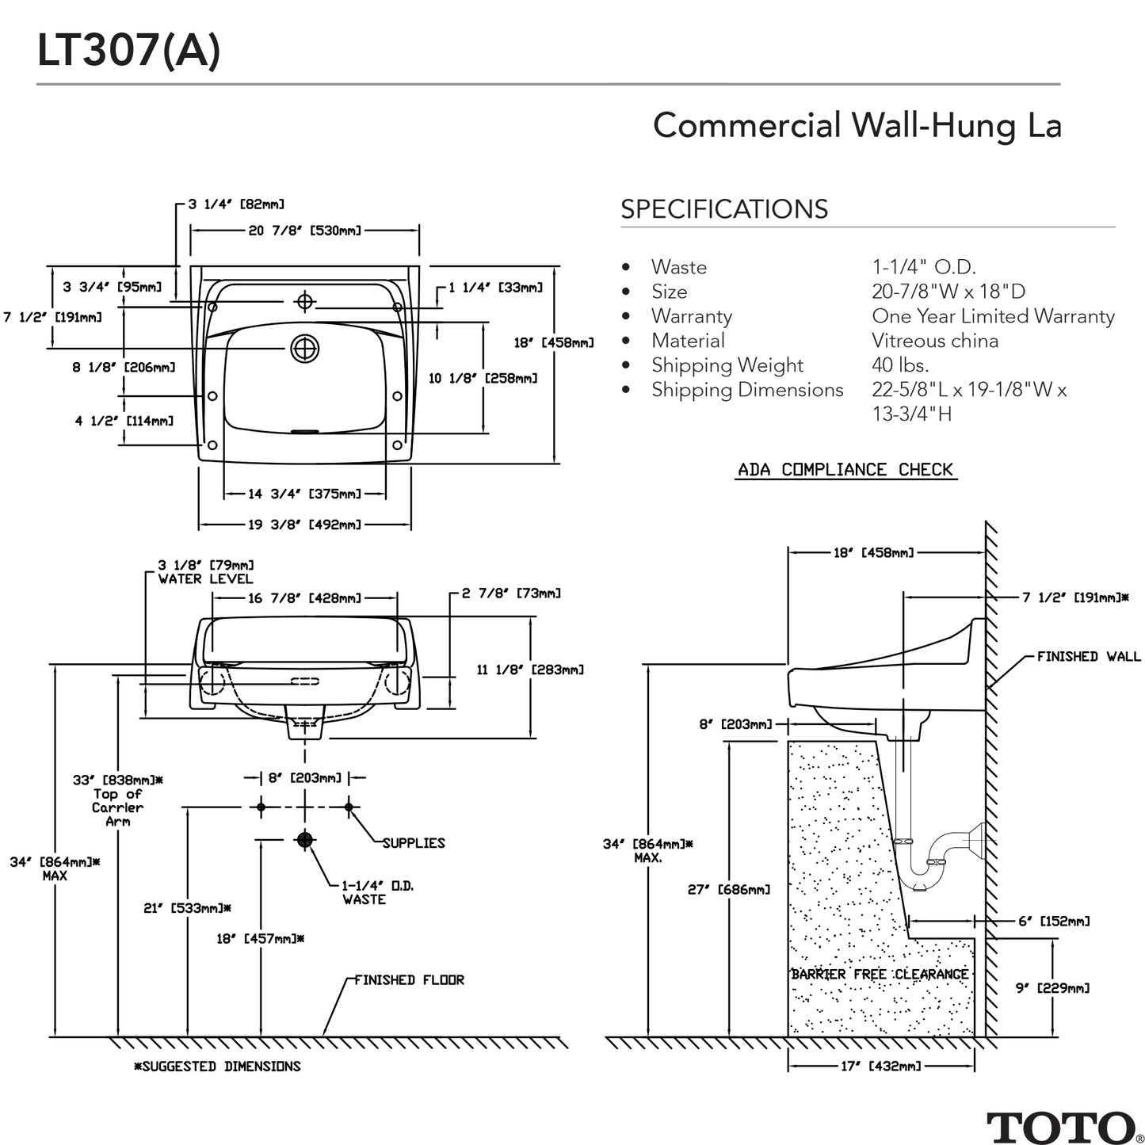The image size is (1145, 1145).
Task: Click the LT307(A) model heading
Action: [x=128, y=52]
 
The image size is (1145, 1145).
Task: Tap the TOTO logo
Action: [x=1059, y=1127]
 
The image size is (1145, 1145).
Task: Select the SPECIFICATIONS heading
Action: [x=723, y=209]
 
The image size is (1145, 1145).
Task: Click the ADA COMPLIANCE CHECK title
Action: [x=845, y=470]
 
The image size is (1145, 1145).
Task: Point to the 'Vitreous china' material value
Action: [x=934, y=341]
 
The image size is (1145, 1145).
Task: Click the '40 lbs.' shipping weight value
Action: [x=899, y=365]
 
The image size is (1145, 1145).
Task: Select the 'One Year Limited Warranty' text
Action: [x=992, y=316]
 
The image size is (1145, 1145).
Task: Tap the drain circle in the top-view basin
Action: [x=304, y=349]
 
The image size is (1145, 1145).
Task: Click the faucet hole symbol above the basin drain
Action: [x=304, y=301]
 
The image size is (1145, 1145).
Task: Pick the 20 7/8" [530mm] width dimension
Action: [x=304, y=231]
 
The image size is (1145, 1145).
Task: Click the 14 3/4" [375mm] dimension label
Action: [x=304, y=494]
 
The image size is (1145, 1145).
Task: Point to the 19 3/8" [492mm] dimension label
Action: [x=304, y=525]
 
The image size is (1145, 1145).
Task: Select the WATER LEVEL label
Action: [x=205, y=579]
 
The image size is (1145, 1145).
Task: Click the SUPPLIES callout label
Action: [x=414, y=843]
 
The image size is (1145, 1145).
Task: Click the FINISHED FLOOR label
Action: [x=409, y=980]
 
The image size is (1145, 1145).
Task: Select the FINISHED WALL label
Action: [x=1088, y=656]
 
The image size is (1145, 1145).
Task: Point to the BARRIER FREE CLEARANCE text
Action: [x=879, y=974]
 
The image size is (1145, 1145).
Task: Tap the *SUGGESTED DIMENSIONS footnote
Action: [x=217, y=1067]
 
